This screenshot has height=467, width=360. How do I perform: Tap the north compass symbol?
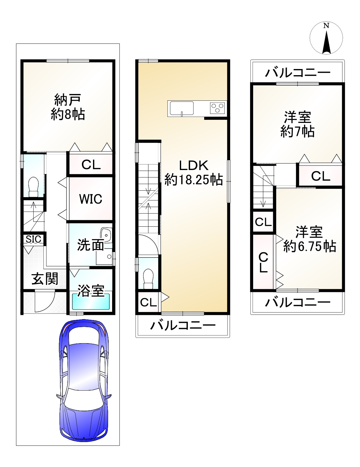click(x=326, y=38)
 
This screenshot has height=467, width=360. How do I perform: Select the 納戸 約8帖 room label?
click(x=68, y=107)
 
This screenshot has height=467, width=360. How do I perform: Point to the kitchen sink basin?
click(x=182, y=108)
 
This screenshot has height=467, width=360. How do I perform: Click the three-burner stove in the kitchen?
click(x=217, y=108)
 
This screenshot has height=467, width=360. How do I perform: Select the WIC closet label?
click(x=91, y=199)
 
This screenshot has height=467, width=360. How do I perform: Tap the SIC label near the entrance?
click(x=33, y=239)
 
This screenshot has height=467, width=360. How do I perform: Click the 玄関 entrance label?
click(x=45, y=279)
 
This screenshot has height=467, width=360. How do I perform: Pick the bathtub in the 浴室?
click(x=91, y=302)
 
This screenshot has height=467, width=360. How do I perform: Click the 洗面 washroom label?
click(x=91, y=245)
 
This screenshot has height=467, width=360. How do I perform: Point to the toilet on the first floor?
click(x=34, y=187)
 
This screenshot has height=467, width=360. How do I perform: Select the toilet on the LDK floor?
click(x=148, y=279)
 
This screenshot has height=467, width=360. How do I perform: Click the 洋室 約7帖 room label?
click(x=297, y=124)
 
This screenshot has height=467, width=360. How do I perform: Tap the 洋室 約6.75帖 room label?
click(x=309, y=239)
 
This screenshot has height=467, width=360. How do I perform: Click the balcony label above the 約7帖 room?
click(x=297, y=73)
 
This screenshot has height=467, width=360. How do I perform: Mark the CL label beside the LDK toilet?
click(x=148, y=303)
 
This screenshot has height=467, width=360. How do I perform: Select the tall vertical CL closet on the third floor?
click(x=263, y=262)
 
